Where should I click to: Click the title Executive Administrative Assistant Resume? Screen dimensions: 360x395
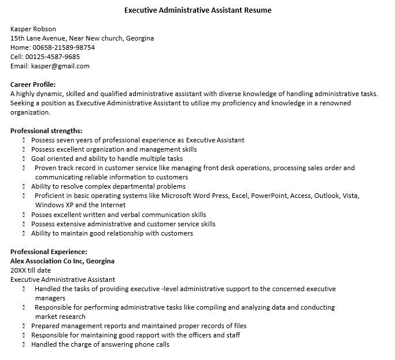[198, 10]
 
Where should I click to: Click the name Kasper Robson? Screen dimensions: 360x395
[34, 29]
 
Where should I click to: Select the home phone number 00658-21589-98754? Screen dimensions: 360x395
[64, 47]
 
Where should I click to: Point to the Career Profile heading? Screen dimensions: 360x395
[33, 85]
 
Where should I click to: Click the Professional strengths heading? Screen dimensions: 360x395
[46, 131]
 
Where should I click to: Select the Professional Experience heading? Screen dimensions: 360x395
[49, 252]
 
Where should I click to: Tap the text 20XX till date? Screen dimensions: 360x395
[31, 270]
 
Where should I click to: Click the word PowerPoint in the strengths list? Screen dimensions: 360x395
[270, 196]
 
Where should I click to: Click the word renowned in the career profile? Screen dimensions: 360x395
[335, 103]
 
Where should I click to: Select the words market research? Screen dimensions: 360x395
[60, 317]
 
